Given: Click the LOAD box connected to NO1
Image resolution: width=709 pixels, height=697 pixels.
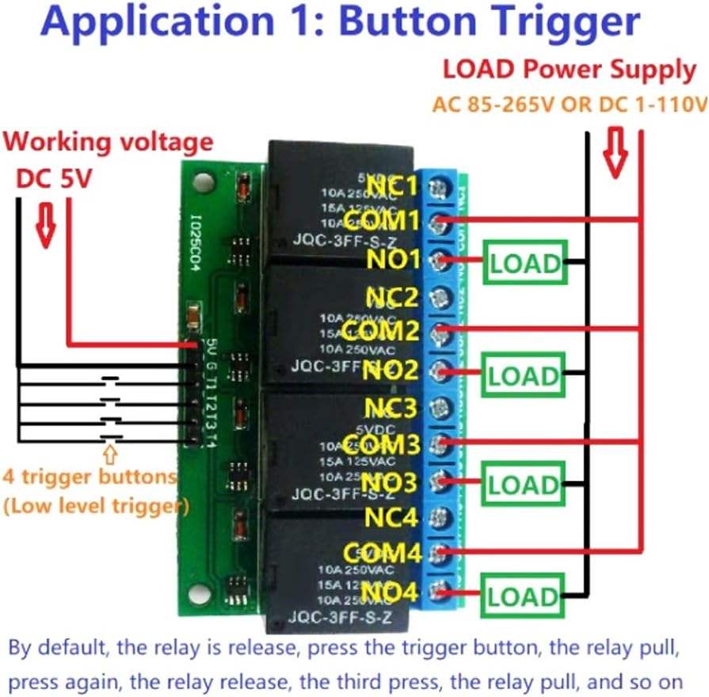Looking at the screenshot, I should [x=524, y=264].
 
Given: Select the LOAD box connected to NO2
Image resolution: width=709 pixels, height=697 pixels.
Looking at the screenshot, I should [x=524, y=375].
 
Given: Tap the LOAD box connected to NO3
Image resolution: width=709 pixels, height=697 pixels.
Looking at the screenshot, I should [x=524, y=484].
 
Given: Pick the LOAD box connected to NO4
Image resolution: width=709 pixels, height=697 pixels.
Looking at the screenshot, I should [x=524, y=596].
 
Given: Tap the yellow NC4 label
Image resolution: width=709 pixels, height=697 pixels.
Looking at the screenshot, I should [x=391, y=519].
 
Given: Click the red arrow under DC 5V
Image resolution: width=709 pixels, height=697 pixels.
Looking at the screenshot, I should [x=47, y=223].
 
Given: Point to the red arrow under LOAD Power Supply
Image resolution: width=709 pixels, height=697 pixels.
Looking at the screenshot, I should [x=615, y=152].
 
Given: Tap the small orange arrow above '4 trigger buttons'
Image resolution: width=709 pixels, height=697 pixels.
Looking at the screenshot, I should [x=109, y=455].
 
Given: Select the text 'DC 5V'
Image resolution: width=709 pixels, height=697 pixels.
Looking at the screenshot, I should [x=55, y=177].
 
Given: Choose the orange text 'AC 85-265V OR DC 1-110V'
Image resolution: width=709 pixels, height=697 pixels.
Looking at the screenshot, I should [x=569, y=105].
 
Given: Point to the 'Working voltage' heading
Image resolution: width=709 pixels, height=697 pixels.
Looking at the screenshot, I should [x=109, y=143].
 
